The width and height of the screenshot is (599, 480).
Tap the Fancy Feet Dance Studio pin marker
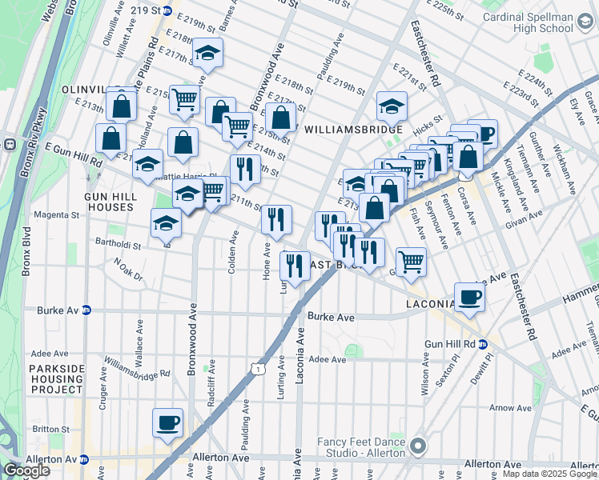pos(416,446)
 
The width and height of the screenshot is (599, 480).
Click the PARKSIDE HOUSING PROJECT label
pos(57,378)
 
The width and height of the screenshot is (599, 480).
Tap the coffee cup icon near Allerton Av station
pos(167,422)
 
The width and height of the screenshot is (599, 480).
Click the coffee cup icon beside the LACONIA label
pos(470,297)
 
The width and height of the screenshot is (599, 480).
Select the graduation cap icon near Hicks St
pos(391,105)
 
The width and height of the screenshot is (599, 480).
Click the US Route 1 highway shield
pos(256,367)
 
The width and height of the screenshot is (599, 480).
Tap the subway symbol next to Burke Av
pos(86,310)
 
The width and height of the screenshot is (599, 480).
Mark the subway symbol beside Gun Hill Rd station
pos(483,344)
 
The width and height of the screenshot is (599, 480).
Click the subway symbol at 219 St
pos(167,11)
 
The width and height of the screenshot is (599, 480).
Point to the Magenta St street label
pos(55,215)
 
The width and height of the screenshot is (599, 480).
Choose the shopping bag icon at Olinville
pos(123,105)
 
